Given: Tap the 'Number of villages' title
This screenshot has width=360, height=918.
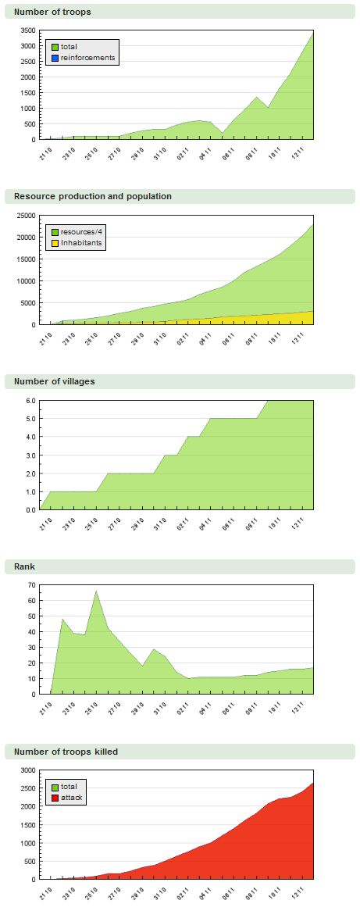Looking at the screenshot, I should point(55,381).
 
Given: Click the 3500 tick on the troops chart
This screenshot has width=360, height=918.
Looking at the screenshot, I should point(27,30).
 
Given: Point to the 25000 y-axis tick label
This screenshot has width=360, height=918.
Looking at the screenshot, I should point(26,216).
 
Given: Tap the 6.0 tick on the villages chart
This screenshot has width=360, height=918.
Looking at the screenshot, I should point(30,401).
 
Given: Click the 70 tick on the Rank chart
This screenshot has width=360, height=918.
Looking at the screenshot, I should point(31,585).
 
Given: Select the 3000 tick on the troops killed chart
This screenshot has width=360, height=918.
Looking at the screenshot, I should point(27,770).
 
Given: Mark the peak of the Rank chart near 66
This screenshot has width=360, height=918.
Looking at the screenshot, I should point(96,591).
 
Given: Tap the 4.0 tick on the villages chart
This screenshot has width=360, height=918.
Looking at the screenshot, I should point(30,437).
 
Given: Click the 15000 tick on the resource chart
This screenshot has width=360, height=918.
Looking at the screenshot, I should point(26,259).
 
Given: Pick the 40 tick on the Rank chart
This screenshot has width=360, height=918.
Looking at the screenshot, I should point(31,632).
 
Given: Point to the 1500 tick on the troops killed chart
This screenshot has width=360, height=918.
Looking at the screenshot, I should point(27,825).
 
